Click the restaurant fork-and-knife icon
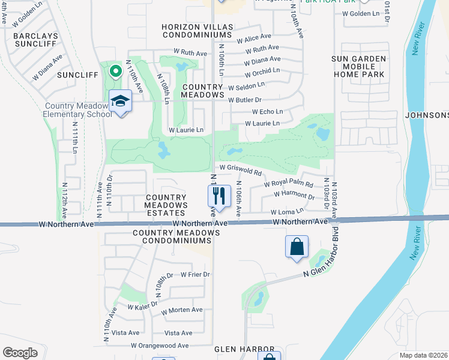pos(218,196)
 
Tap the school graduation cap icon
pos(120,101)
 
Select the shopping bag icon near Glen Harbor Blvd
pos(297,247)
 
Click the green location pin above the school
pos(115,72)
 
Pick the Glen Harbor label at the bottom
pos(246,349)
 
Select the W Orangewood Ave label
pos(160,346)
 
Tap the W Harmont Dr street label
pos(294,195)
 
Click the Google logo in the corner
pos(20,353)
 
